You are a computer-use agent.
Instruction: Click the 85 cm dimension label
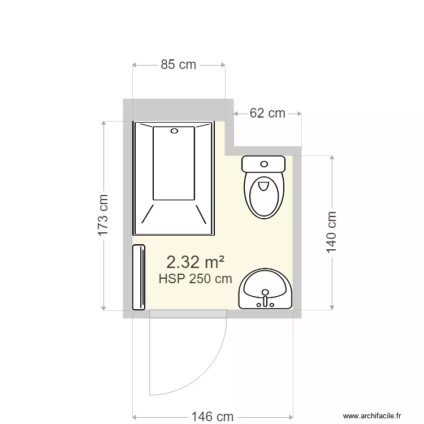point(179,64)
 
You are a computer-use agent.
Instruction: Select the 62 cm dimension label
point(267,113)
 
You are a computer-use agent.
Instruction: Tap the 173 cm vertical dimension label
point(103,215)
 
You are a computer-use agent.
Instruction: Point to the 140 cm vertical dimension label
point(332,232)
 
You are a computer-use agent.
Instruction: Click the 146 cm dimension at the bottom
point(212,417)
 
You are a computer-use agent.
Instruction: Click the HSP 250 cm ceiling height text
point(196,279)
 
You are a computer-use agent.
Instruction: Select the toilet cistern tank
point(264,164)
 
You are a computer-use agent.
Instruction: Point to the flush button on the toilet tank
point(264,164)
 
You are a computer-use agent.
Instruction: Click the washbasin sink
point(265,288)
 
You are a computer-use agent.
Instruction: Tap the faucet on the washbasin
point(265,296)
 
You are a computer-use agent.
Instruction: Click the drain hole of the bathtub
point(174,131)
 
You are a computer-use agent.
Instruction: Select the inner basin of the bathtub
point(174,164)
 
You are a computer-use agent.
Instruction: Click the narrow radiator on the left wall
point(139,277)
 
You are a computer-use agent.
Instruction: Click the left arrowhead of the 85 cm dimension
point(135,65)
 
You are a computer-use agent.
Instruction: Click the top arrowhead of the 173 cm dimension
point(103,123)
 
